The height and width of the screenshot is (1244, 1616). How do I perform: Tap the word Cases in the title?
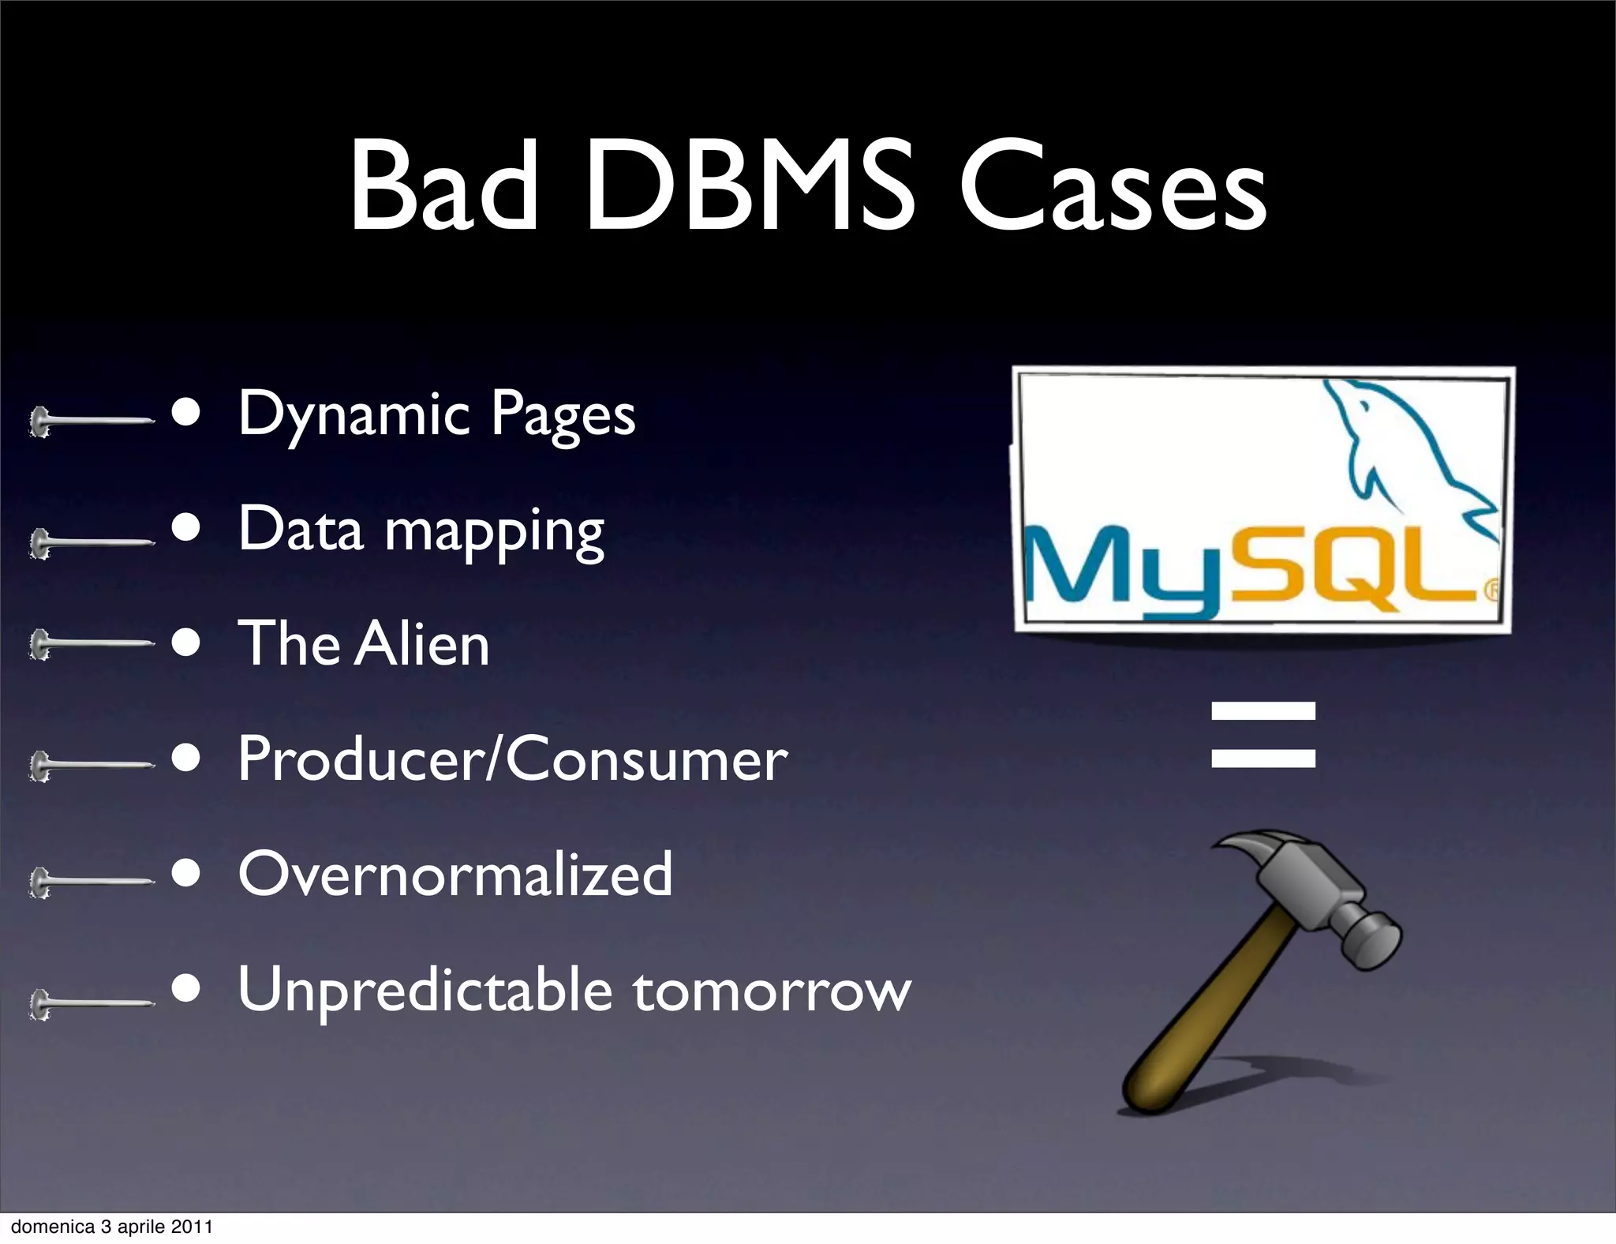pyautogui.click(x=1113, y=189)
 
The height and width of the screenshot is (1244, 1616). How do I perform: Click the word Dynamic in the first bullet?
pyautogui.click(x=354, y=414)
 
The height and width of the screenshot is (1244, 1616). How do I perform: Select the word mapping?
pyautogui.click(x=495, y=530)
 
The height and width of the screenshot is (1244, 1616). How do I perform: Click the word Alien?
pyautogui.click(x=422, y=644)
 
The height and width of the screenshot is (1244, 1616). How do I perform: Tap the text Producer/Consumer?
pyautogui.click(x=513, y=759)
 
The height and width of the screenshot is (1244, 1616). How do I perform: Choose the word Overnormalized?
pyautogui.click(x=455, y=875)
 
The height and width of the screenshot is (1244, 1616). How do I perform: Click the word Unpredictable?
pyautogui.click(x=425, y=990)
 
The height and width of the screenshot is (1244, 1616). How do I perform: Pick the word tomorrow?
pyautogui.click(x=772, y=991)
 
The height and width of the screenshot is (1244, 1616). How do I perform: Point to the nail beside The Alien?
pyautogui.click(x=91, y=644)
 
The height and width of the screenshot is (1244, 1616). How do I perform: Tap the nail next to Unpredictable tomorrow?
pyautogui.click(x=91, y=1004)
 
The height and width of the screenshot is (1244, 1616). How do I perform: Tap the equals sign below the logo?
pyautogui.click(x=1263, y=734)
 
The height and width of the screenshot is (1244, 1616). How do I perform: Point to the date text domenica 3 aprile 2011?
pyautogui.click(x=112, y=1227)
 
